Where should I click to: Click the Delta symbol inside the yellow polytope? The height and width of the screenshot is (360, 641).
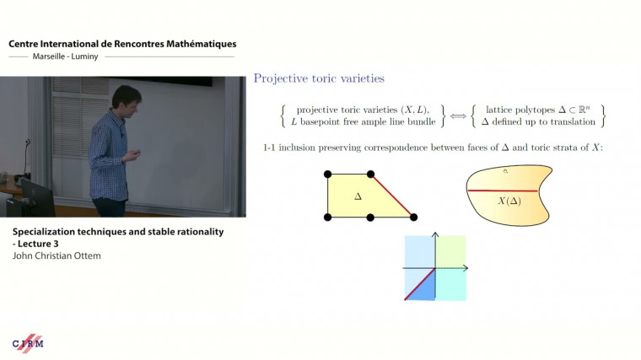tap(358, 196)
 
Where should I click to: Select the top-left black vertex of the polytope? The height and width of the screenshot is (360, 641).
tap(328, 175)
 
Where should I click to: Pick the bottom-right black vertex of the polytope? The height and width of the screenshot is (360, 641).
tap(413, 218)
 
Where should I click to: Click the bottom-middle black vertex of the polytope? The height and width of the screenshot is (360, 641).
tap(371, 218)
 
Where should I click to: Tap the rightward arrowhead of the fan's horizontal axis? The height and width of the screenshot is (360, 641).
tap(466, 268)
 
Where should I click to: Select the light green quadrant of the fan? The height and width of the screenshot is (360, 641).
tap(450, 251)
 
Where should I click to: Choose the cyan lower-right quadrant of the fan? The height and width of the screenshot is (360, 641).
tap(450, 284)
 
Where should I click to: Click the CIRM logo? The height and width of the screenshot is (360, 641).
tap(28, 343)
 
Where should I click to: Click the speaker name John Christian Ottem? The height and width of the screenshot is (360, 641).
tap(57, 255)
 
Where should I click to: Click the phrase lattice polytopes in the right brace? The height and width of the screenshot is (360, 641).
tap(517, 110)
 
